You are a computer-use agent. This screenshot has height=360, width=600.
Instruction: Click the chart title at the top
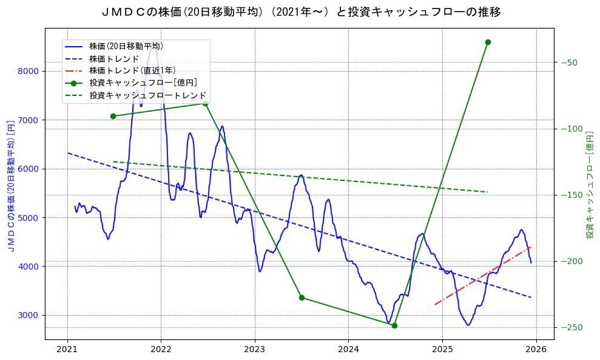(300, 12)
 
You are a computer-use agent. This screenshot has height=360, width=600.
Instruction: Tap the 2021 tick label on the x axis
(67, 349)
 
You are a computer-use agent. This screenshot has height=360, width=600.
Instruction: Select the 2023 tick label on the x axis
(254, 349)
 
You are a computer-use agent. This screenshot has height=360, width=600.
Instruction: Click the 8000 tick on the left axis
(29, 71)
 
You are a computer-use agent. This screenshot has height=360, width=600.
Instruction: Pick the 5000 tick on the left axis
(29, 217)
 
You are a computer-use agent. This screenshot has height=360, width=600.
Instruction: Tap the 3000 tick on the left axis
(29, 315)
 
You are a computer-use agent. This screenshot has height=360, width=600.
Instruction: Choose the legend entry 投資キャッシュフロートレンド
(147, 95)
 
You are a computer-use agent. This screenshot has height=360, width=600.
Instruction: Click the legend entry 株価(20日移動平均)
(126, 46)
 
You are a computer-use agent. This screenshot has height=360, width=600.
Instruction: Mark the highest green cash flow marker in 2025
(488, 42)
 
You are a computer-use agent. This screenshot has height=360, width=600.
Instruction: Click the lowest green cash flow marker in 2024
(394, 325)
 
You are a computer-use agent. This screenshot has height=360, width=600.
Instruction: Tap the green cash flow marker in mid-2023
(302, 297)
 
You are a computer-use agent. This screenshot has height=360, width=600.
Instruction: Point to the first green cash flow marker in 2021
(113, 116)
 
